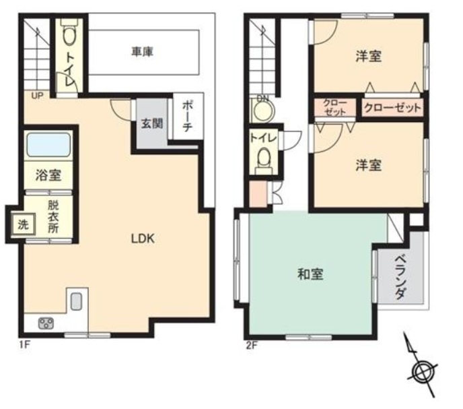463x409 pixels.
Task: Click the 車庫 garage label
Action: (x=142, y=52)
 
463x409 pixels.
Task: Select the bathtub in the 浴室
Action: (x=48, y=144)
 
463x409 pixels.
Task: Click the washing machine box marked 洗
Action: (x=24, y=224)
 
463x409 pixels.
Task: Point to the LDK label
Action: (x=143, y=239)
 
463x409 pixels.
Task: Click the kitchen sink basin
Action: (x=76, y=301)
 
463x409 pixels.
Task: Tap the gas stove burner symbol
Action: (x=46, y=323)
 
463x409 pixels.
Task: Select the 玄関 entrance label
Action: (x=152, y=123)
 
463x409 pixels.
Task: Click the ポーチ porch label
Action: (x=188, y=116)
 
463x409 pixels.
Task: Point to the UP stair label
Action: (x=37, y=96)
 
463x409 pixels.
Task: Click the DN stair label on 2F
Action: (x=262, y=98)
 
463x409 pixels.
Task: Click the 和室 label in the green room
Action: (x=310, y=274)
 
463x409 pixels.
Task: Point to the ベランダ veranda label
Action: (x=401, y=277)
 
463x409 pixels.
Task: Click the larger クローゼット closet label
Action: (x=392, y=108)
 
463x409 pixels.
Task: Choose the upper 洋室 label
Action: (x=369, y=56)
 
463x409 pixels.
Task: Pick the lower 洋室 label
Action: (x=369, y=165)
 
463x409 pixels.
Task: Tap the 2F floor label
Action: (x=252, y=345)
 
